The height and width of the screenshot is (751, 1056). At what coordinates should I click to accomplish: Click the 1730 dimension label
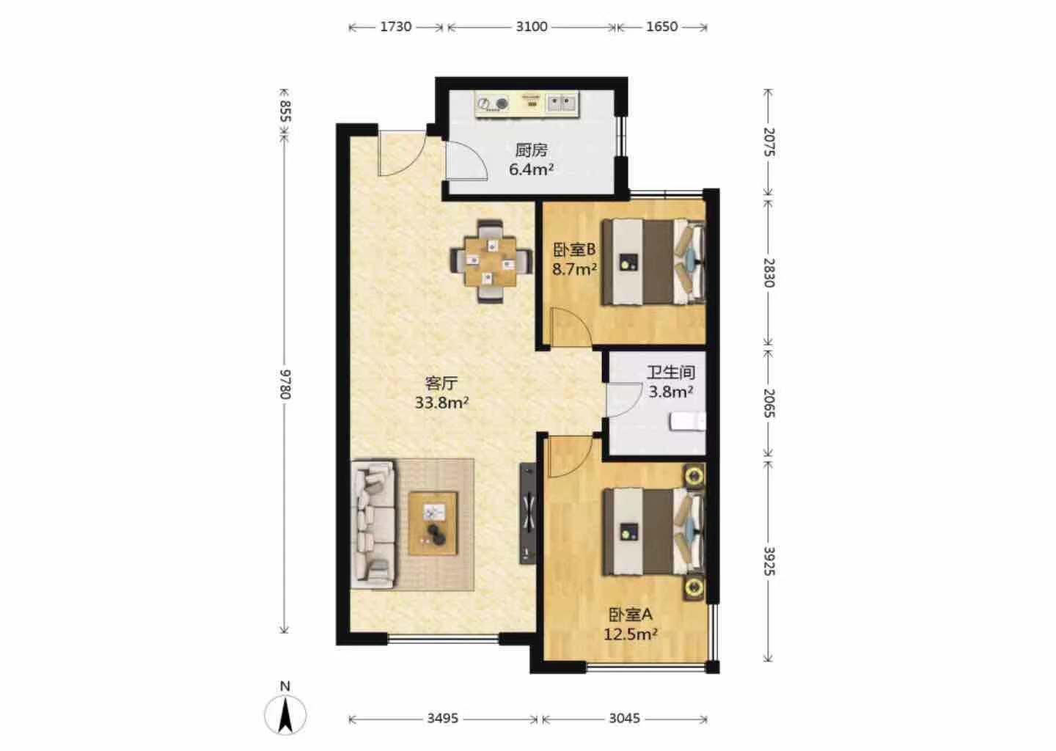(x=395, y=27)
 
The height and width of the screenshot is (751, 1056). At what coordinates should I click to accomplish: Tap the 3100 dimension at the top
(x=531, y=27)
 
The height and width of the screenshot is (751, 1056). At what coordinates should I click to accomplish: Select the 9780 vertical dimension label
(x=285, y=384)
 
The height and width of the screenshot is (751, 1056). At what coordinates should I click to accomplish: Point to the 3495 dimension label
(x=443, y=719)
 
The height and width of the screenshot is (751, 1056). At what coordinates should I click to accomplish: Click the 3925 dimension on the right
(x=769, y=562)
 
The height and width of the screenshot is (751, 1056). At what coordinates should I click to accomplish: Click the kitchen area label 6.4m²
(x=531, y=169)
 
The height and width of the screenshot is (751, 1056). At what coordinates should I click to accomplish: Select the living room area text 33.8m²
(x=441, y=403)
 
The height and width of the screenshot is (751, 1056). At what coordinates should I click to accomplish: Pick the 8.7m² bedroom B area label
(x=575, y=269)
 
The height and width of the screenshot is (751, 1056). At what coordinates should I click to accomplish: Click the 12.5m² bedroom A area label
(x=631, y=634)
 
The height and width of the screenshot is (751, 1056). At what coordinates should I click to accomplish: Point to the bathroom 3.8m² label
(x=670, y=392)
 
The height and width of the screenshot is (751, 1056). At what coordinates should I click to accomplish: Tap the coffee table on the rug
(x=433, y=524)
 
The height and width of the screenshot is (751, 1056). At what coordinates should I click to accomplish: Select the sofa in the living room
(x=373, y=524)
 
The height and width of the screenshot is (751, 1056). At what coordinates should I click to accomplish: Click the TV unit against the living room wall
(x=527, y=513)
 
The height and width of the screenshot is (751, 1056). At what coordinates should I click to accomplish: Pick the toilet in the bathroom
(x=688, y=421)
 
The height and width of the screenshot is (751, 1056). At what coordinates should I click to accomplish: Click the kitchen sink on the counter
(x=562, y=103)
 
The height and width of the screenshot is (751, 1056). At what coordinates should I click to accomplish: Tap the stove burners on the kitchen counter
(x=492, y=103)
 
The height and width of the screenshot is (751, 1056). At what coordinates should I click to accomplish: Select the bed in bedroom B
(x=653, y=261)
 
